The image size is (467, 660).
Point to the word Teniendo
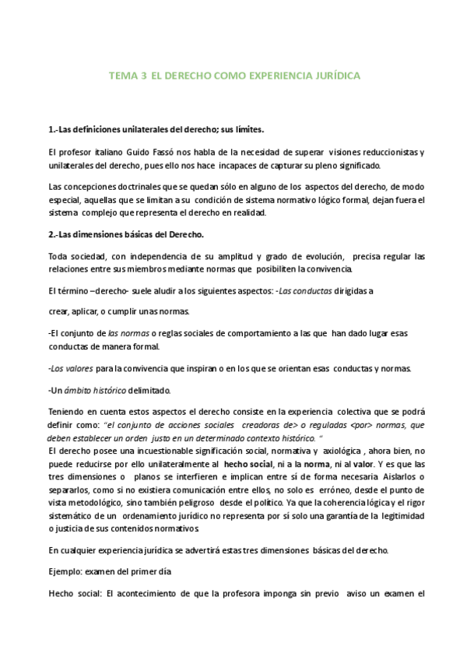[x=68, y=411]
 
